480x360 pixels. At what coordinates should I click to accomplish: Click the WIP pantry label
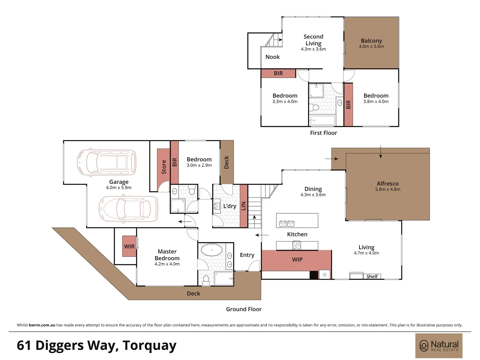tap(297, 260)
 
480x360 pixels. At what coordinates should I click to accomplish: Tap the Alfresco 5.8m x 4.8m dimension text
tap(388, 189)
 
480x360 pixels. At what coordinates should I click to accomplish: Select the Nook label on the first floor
tap(272, 57)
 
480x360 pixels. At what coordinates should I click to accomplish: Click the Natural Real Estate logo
tap(439, 346)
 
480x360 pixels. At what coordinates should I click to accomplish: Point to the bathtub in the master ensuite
tap(212, 250)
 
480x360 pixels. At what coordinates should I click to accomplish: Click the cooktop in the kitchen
tap(297, 245)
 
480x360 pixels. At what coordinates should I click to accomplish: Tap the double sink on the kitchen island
tap(287, 223)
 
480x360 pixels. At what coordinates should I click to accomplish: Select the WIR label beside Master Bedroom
tap(129, 246)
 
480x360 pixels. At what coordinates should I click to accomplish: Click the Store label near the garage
tap(164, 167)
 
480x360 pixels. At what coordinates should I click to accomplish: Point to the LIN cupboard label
tap(243, 206)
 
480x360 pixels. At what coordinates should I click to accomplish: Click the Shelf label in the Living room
tap(372, 276)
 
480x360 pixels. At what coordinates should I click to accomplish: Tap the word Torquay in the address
tap(149, 345)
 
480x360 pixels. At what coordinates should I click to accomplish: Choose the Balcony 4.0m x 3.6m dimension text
tap(371, 46)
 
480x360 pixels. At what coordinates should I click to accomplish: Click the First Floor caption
tap(323, 133)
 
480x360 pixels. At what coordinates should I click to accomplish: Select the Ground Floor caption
tap(243, 309)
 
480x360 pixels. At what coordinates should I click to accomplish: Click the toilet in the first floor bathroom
tap(314, 107)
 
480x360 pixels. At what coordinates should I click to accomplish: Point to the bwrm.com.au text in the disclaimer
tap(42, 325)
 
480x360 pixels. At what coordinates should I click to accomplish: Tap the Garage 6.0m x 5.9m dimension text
tap(119, 188)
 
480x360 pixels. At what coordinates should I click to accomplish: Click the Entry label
tap(247, 255)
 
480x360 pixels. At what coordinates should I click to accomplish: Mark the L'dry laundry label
tap(230, 206)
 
